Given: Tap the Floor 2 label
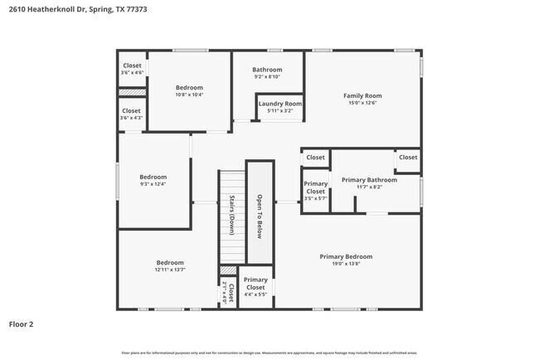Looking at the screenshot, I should [22, 324].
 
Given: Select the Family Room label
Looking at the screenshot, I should [362, 95].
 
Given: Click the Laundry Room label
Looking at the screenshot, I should [279, 104].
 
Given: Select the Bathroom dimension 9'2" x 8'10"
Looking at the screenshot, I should [267, 77].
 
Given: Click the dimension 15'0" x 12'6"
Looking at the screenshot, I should [362, 103].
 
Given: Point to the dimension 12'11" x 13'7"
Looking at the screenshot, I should [170, 270].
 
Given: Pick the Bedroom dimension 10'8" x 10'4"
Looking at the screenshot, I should [189, 95].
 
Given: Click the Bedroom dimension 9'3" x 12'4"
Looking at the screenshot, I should [153, 184].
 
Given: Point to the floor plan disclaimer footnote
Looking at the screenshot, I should [269, 352].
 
